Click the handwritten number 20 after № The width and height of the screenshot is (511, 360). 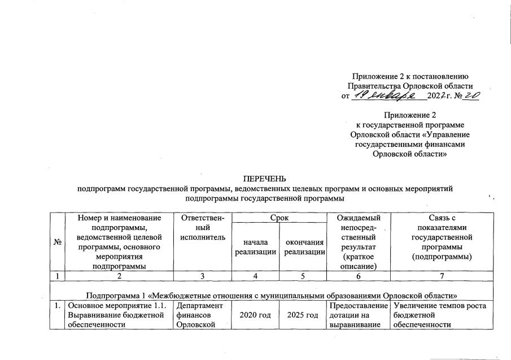point(471,96)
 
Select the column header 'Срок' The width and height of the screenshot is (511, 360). point(279,218)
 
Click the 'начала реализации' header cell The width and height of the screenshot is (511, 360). point(256,246)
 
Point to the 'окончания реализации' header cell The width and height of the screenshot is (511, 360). point(304,246)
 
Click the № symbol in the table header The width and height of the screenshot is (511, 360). point(57,242)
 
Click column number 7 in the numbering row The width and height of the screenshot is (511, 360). point(442,276)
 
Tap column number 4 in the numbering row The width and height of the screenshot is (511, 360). point(256,276)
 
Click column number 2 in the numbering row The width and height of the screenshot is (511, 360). point(119,276)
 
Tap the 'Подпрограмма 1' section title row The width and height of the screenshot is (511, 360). point(272,295)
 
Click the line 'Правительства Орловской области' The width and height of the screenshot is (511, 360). point(410,85)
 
